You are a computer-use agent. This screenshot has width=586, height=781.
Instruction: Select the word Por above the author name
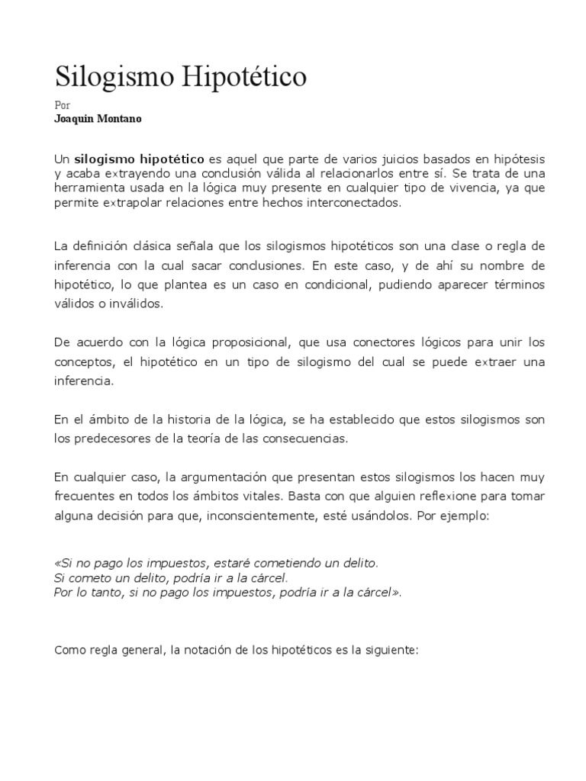pyautogui.click(x=62, y=106)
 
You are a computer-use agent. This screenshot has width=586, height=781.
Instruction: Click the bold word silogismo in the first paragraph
pyautogui.click(x=105, y=159)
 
